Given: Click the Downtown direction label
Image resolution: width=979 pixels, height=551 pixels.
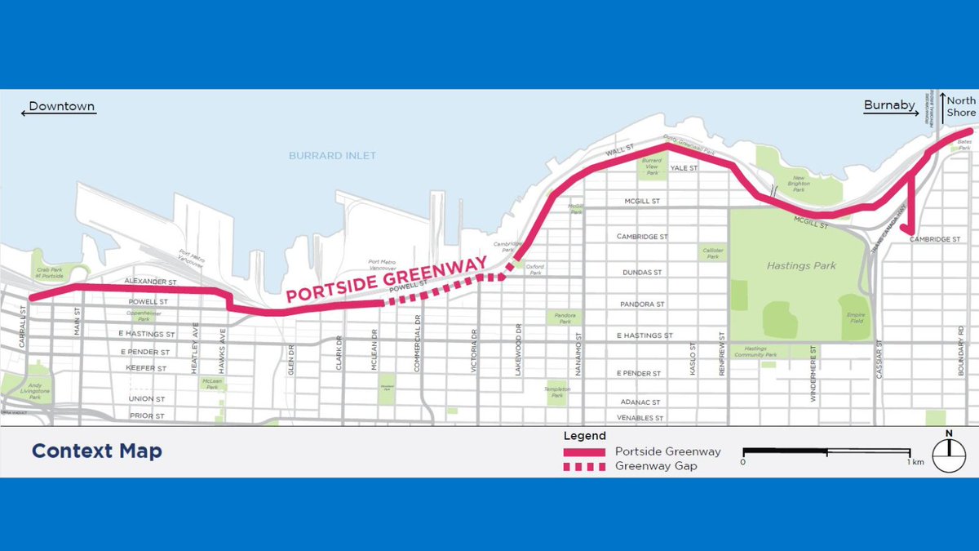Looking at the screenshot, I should pyautogui.click(x=62, y=106).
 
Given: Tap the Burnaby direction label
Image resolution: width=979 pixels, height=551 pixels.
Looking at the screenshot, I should pyautogui.click(x=889, y=105).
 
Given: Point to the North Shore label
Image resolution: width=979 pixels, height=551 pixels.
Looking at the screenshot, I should pyautogui.click(x=960, y=106).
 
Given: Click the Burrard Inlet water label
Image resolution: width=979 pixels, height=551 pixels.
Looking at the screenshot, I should pyautogui.click(x=333, y=155).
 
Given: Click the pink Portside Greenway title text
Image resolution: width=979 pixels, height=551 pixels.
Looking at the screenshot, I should pyautogui.click(x=387, y=279).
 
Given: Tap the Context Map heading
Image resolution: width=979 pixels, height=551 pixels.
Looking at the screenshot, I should pyautogui.click(x=96, y=451).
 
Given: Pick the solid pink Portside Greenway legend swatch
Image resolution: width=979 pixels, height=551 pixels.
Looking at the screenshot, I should pyautogui.click(x=583, y=451).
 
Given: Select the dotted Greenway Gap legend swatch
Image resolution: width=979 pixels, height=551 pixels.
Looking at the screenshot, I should pyautogui.click(x=583, y=467).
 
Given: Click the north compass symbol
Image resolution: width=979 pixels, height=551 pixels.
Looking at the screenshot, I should pyautogui.click(x=949, y=455).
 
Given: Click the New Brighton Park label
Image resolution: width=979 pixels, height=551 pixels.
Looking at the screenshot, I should pyautogui.click(x=799, y=180).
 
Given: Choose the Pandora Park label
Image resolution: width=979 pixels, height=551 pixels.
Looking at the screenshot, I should pyautogui.click(x=565, y=317).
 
